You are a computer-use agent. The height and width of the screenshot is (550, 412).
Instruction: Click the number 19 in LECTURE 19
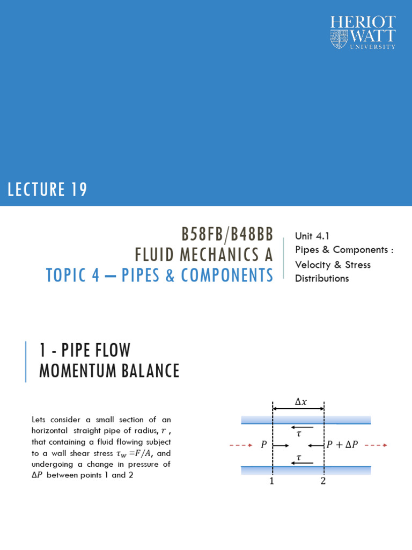[78, 190]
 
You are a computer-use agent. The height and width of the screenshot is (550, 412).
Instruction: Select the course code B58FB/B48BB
[227, 234]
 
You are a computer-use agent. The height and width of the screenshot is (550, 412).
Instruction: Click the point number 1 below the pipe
[272, 481]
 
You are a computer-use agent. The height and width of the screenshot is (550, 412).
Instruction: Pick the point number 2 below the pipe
[323, 481]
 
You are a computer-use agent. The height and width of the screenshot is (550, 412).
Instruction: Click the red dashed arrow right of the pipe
[378, 445]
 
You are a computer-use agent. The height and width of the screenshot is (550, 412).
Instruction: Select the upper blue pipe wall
[306, 420]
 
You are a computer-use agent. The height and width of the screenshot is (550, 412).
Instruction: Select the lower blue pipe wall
[306, 471]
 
